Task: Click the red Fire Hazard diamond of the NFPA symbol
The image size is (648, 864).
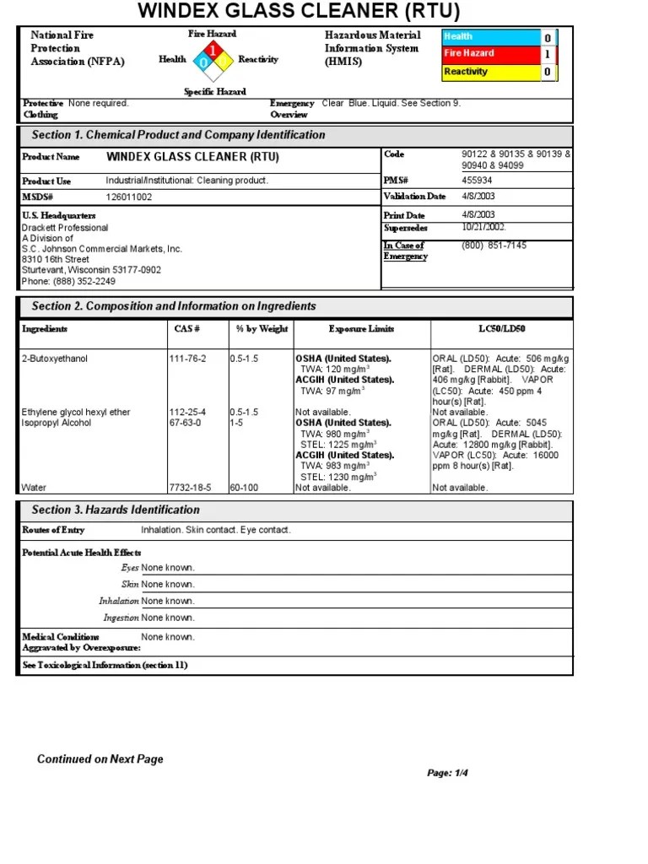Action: [213, 51]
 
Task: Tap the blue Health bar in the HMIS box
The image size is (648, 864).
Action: [491, 37]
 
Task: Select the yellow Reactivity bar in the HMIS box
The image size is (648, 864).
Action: [491, 72]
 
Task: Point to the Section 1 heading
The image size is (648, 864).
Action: [178, 135]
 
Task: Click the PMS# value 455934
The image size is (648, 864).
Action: [478, 181]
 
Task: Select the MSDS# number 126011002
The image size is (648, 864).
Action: [129, 197]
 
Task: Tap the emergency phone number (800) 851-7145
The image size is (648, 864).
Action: [494, 246]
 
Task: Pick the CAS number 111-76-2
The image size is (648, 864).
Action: [187, 359]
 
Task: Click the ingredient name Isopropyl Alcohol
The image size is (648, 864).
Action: [57, 423]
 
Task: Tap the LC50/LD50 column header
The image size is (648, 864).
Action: [502, 329]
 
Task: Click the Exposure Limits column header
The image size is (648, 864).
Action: [361, 329]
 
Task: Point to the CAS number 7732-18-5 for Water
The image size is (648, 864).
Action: [190, 488]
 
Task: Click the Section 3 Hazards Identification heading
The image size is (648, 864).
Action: [116, 510]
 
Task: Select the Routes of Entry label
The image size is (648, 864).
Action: [53, 530]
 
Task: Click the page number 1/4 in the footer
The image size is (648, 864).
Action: [447, 773]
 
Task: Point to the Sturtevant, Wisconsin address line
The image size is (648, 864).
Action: [91, 270]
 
